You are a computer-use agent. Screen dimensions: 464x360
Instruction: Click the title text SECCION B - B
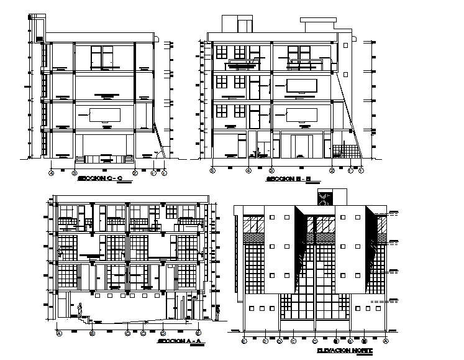(x=283, y=179)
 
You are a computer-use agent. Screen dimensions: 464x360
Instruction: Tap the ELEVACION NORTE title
(x=344, y=352)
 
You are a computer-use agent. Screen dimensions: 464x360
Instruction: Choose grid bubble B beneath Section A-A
(x=92, y=333)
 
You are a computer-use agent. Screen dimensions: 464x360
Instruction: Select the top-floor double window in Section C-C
(x=101, y=58)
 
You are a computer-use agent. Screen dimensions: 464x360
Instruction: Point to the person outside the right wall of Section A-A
(x=218, y=314)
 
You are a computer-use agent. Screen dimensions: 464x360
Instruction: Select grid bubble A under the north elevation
(x=386, y=341)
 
